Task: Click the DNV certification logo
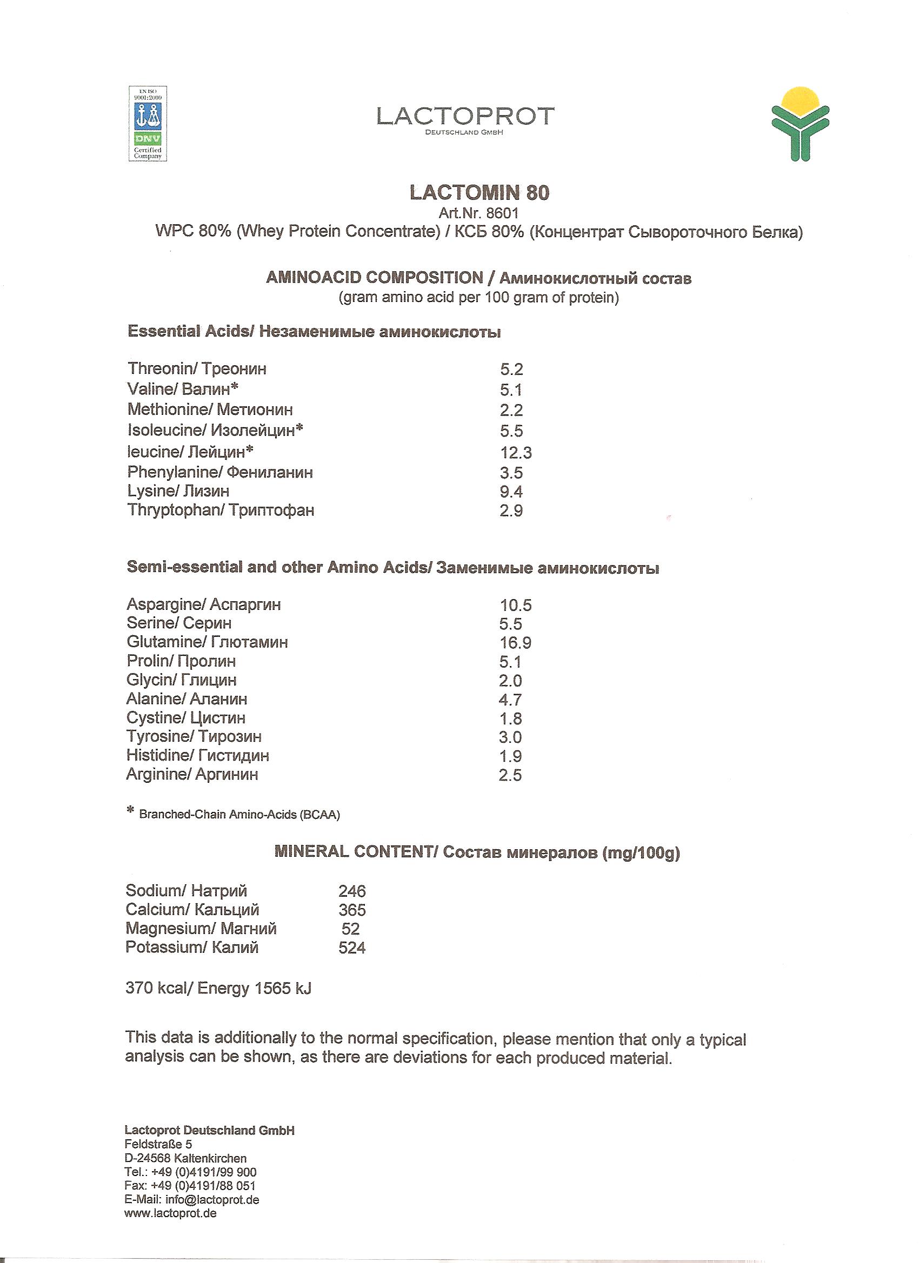148,124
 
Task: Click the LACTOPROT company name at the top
465,116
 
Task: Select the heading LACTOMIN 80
480,193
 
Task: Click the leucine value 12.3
516,453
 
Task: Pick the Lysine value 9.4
511,492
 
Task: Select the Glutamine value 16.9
515,643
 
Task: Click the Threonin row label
197,368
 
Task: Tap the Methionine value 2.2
511,411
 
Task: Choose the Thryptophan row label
221,510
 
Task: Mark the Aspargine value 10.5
516,606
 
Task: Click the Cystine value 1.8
510,718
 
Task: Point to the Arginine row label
192,775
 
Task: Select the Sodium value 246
352,891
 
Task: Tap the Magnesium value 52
350,929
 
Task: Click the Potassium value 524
352,948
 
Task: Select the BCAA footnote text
239,815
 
